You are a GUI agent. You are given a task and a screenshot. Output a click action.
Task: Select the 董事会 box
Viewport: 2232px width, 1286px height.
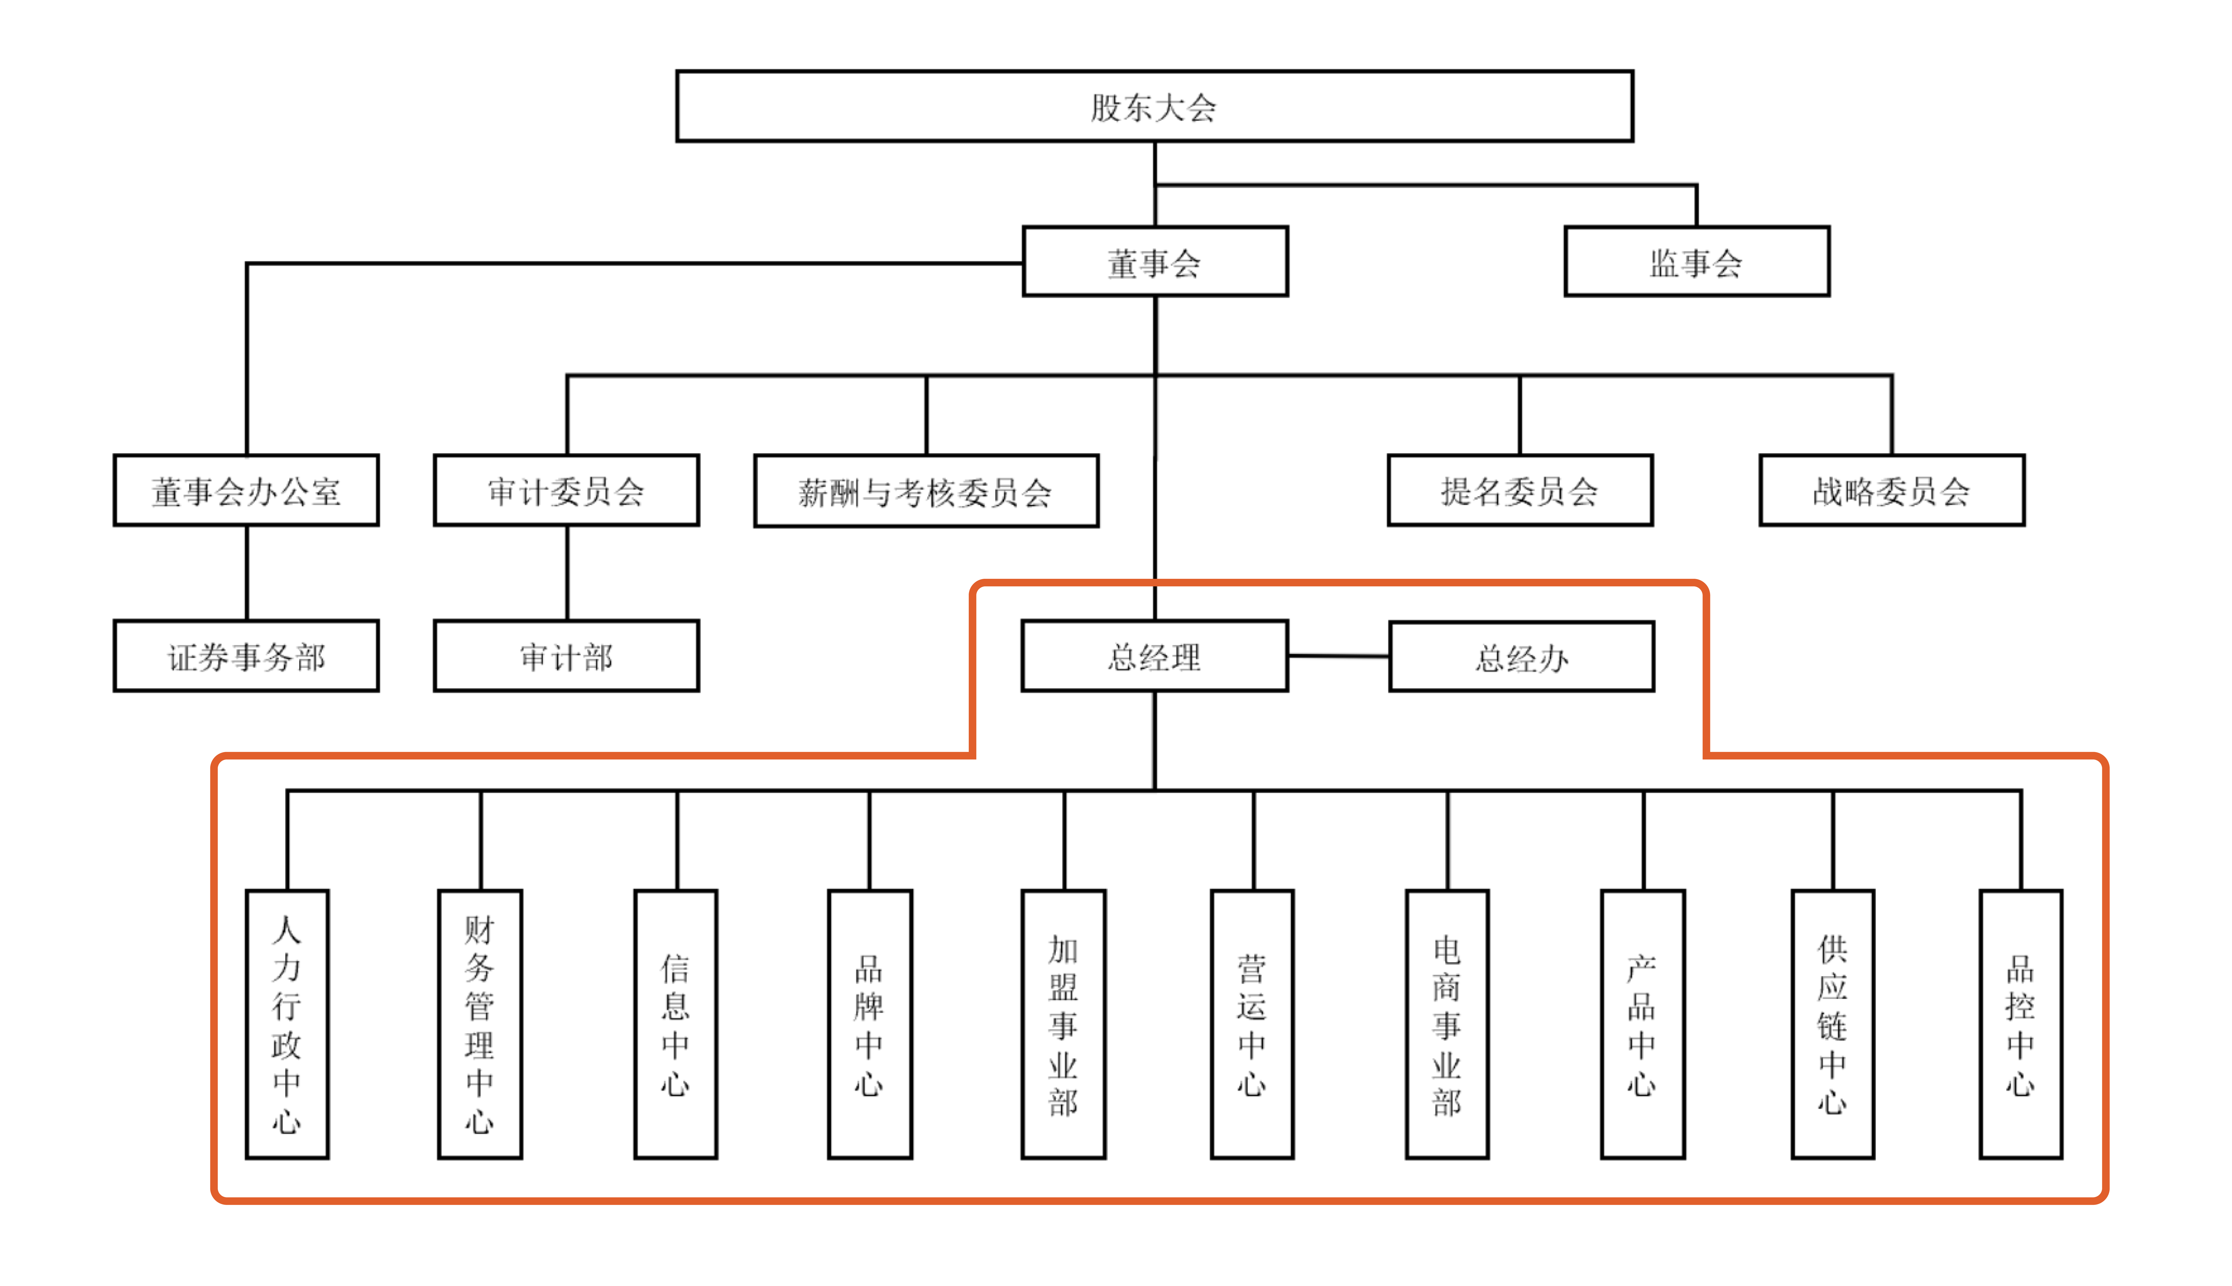click(x=1154, y=262)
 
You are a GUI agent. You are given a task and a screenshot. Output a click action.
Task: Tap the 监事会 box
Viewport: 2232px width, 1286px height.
click(x=1696, y=262)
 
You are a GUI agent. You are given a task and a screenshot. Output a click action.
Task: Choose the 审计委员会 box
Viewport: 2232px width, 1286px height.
click(x=566, y=491)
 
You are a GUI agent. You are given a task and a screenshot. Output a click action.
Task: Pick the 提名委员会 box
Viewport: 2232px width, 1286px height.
click(x=1520, y=491)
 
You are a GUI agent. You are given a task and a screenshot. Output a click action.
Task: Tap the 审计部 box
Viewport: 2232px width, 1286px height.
click(x=566, y=656)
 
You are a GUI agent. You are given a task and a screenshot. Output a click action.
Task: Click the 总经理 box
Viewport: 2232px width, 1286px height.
click(x=1154, y=656)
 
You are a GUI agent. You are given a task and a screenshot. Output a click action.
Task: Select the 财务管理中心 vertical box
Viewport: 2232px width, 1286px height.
click(x=480, y=1025)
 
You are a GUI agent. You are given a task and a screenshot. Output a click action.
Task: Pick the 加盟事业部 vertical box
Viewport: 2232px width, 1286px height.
click(x=1063, y=1025)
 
